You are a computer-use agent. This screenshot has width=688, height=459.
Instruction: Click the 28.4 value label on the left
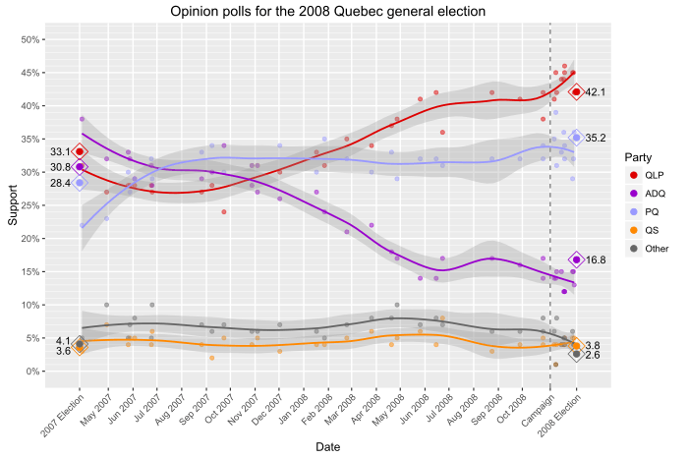(x=61, y=183)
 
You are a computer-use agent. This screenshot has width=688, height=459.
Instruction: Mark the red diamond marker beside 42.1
(x=576, y=92)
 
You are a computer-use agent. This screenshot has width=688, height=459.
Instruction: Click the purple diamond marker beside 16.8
(x=576, y=260)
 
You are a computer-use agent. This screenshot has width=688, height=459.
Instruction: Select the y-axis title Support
(x=13, y=206)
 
